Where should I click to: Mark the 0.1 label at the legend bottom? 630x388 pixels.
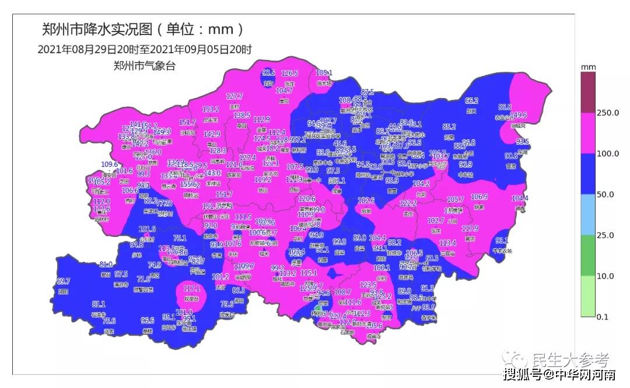(x=602, y=317)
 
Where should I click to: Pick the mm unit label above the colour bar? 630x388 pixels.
(x=588, y=68)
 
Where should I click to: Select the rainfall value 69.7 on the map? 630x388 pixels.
(x=63, y=281)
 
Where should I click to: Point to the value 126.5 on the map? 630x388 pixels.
(x=289, y=74)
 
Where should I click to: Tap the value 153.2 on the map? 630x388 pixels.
(x=210, y=109)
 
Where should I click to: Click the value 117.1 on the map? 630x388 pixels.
(x=192, y=288)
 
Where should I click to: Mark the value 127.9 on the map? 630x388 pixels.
(x=470, y=228)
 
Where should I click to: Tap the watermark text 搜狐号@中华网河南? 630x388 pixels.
(x=559, y=373)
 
